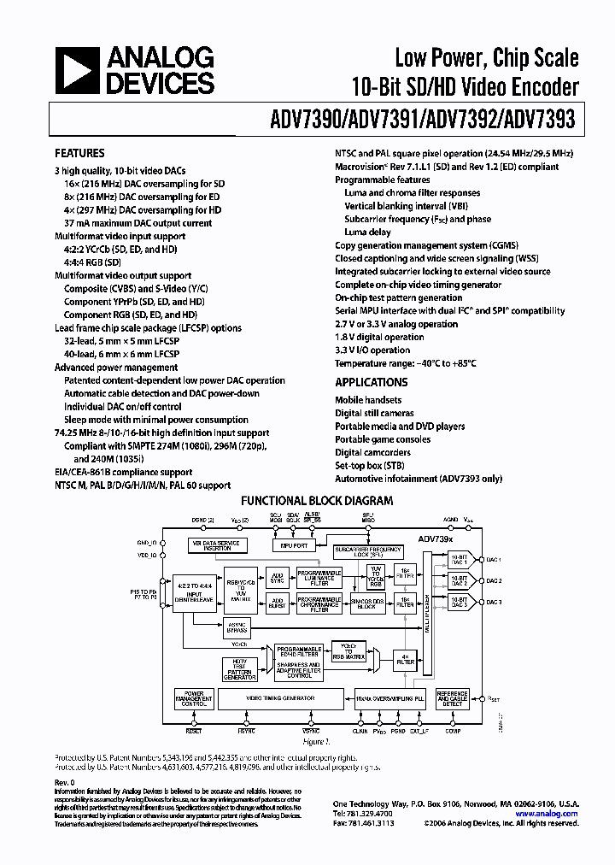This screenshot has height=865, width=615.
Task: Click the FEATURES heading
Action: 79,153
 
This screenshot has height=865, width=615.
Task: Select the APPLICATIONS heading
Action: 371,383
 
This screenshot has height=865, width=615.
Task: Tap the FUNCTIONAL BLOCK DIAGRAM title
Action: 317,502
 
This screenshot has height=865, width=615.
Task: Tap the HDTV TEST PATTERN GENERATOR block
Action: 238,669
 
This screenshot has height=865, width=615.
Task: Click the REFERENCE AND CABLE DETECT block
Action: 452,699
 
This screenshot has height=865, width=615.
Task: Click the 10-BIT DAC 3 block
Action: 460,602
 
